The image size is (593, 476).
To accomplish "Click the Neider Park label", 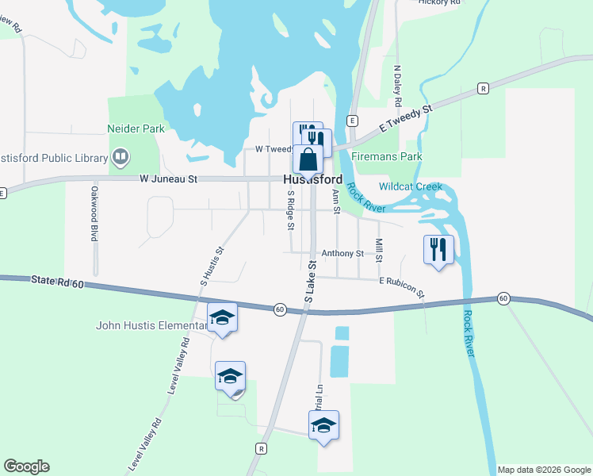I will tap(136, 128).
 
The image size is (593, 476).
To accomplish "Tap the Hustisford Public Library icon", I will tap(120, 157).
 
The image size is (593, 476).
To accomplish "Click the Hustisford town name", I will tap(312, 180).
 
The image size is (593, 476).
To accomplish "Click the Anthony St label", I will tap(342, 254).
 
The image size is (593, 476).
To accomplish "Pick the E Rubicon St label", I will tap(402, 286).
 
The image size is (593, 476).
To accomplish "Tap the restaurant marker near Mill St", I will tap(438, 249).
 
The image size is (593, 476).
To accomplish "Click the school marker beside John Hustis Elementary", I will tap(223, 318).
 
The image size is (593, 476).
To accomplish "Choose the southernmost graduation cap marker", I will tap(323, 425).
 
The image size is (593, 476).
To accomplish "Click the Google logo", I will tap(26, 466).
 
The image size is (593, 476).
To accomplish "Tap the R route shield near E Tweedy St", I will tap(483, 88).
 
